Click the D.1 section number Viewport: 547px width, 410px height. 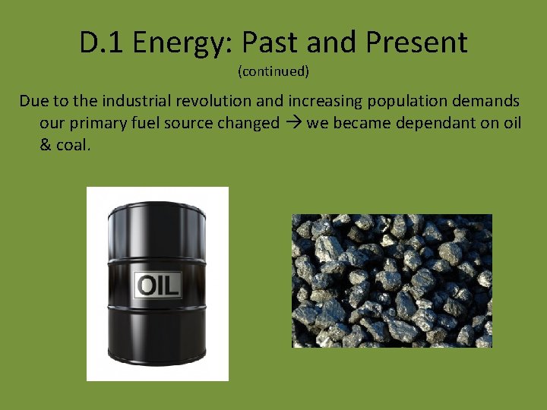tap(102, 43)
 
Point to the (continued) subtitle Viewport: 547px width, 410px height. tap(273, 71)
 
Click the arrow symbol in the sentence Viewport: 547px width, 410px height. tap(292, 123)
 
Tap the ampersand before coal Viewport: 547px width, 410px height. tap(46, 145)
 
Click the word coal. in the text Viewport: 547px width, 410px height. tap(74, 145)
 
